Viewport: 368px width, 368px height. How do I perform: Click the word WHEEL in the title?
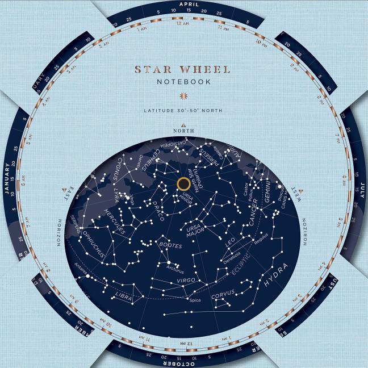tap(205, 70)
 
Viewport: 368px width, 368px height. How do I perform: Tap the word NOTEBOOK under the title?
tap(183, 82)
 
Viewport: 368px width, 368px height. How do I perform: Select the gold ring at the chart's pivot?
tap(183, 183)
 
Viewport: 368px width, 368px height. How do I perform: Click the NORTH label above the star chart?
tap(183, 131)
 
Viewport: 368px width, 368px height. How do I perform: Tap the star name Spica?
tap(195, 300)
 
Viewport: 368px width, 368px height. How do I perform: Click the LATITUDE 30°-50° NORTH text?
tap(183, 110)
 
